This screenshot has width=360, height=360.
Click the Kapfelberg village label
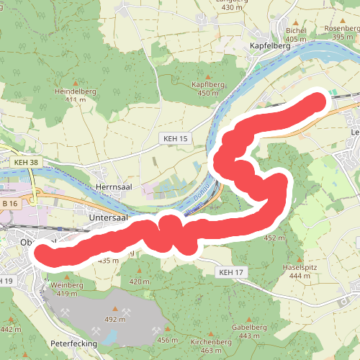(269, 45)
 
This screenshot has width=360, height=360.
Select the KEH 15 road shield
(174, 138)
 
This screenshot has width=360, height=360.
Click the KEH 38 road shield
(25, 163)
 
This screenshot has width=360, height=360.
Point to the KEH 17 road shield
(231, 272)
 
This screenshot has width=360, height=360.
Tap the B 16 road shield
(9, 204)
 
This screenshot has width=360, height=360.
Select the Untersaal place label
(108, 216)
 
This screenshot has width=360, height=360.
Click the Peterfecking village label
(73, 344)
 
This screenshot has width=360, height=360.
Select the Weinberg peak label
(67, 285)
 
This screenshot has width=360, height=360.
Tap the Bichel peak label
(296, 30)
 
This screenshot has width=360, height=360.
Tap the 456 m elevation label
(167, 340)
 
